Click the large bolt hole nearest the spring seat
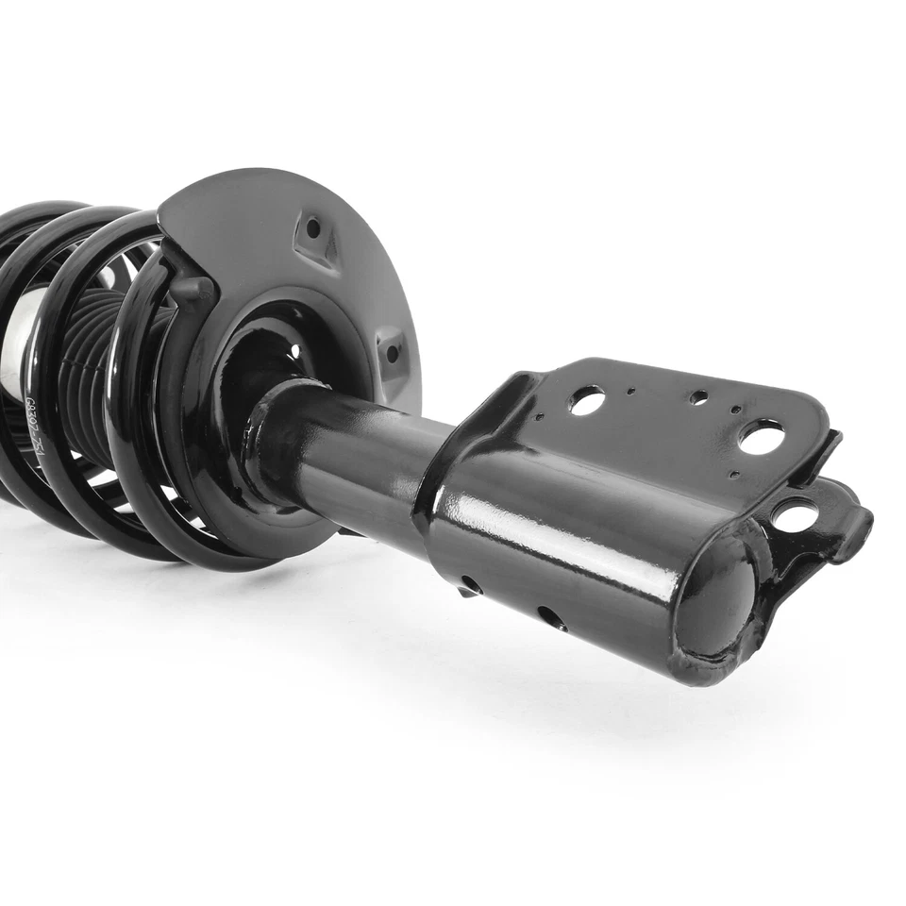(586, 401)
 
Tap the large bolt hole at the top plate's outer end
(761, 436)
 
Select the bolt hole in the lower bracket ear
(795, 514)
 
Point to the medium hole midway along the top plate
(698, 397)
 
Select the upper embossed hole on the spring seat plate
(312, 228)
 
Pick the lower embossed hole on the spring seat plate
(392, 353)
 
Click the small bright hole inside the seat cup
(295, 351)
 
